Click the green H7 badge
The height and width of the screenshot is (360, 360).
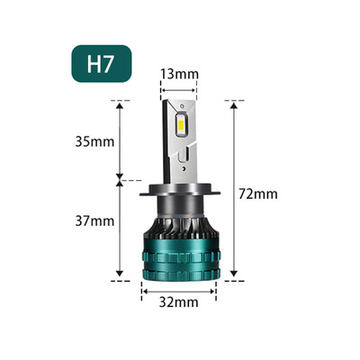click(x=102, y=65)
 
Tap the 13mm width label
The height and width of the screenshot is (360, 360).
click(x=180, y=72)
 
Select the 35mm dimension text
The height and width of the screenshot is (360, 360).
click(x=96, y=141)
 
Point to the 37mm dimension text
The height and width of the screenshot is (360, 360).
click(x=96, y=220)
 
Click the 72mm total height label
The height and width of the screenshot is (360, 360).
click(x=260, y=193)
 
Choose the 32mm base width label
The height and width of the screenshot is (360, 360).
click(x=179, y=302)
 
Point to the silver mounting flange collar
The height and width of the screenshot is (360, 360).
click(x=180, y=193)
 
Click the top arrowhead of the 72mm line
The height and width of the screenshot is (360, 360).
click(x=234, y=104)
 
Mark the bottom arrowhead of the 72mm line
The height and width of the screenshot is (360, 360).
click(x=234, y=277)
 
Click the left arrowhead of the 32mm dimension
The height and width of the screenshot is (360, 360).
click(x=143, y=289)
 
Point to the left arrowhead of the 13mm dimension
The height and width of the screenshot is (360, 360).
click(x=163, y=88)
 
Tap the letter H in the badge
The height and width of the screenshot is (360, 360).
click(x=93, y=65)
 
